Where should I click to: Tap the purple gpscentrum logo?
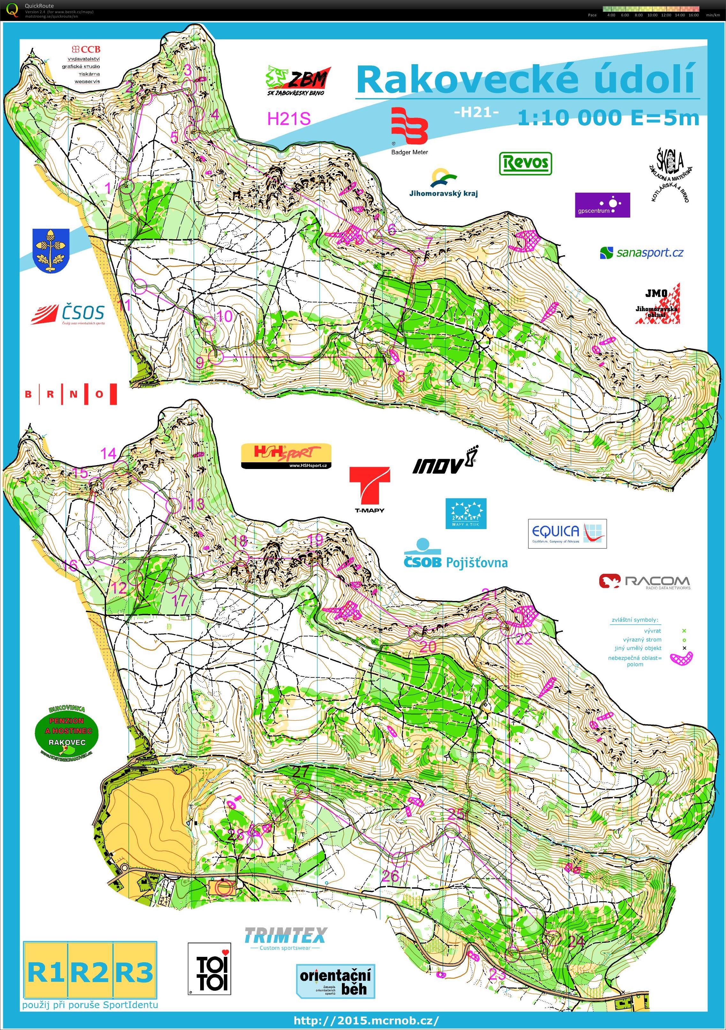pyautogui.click(x=602, y=205)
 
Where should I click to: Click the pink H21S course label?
pyautogui.click(x=289, y=119)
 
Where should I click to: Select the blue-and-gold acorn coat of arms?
pyautogui.click(x=51, y=250)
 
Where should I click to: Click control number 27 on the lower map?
pyautogui.click(x=300, y=772)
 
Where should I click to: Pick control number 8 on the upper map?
pyautogui.click(x=401, y=376)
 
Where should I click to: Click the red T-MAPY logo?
pyautogui.click(x=369, y=489)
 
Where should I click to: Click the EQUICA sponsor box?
pyautogui.click(x=567, y=534)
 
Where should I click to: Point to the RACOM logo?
pyautogui.click(x=644, y=582)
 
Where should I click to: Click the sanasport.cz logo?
pyautogui.click(x=642, y=253)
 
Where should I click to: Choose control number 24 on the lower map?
pyautogui.click(x=576, y=941)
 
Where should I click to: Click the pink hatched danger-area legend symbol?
pyautogui.click(x=681, y=658)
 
